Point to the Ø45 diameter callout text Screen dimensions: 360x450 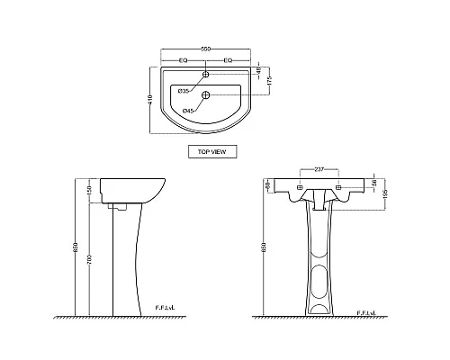(188, 111)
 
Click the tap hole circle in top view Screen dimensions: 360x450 (206, 74)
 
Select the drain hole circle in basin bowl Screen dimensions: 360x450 (206, 95)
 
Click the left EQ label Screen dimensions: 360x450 (184, 60)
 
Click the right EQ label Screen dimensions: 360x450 (228, 60)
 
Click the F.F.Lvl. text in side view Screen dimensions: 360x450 (167, 308)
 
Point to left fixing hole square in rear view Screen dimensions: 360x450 (298, 190)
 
